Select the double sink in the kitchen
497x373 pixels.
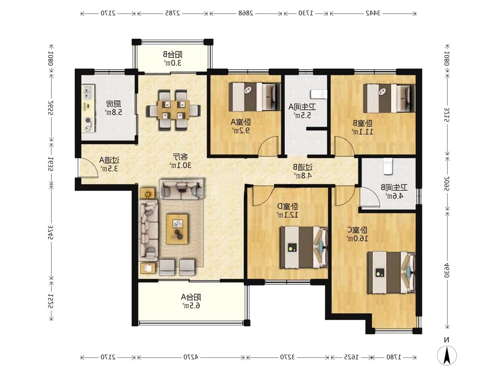(x=88, y=93)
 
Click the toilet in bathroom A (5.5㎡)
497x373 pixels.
(x=318, y=94)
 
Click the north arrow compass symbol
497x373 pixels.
(x=447, y=355)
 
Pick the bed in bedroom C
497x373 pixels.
(x=391, y=272)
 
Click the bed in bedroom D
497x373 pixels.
(x=303, y=247)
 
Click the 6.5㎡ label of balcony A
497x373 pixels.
(x=191, y=305)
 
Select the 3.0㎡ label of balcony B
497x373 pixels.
(x=173, y=63)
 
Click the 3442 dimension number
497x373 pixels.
(x=373, y=13)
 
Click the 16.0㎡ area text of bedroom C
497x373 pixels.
(x=357, y=238)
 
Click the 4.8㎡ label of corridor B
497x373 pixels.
(x=303, y=175)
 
